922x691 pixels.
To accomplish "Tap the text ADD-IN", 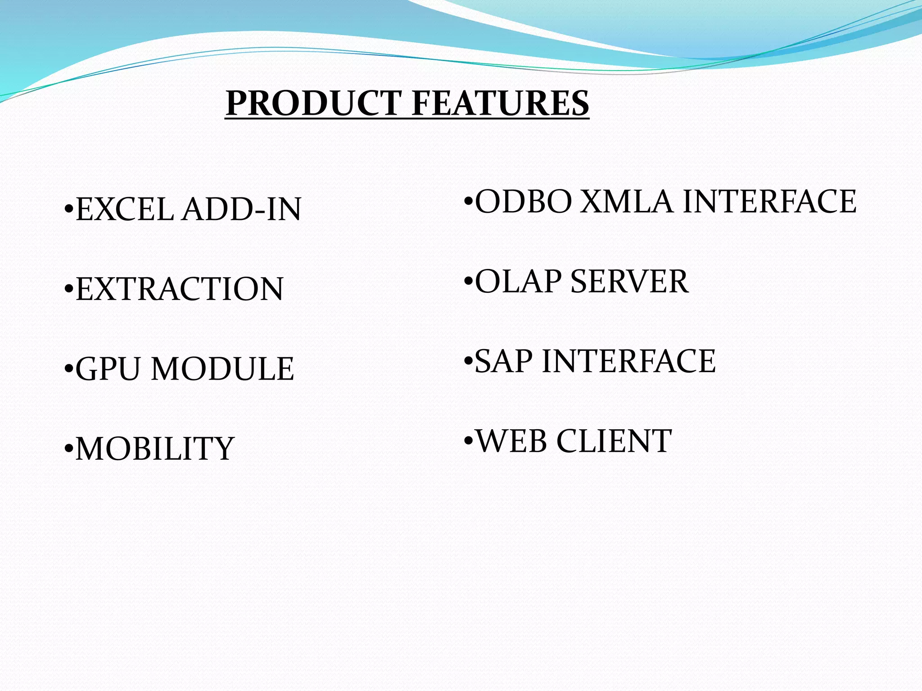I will point(241,210).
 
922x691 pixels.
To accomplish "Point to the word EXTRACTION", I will point(180,289).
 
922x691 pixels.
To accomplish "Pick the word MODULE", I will point(222,369).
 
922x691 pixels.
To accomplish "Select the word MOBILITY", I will point(154,449).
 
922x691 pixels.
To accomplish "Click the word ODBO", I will point(523,202).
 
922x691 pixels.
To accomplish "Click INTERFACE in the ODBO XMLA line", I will point(769,202).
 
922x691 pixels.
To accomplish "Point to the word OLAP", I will point(518,282).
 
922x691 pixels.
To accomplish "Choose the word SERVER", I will point(629,282).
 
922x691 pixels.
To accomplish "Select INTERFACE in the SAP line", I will point(628,361).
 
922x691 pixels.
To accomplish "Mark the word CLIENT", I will point(614,441).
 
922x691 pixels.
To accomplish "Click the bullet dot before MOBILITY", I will point(68,449).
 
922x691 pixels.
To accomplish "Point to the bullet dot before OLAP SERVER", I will point(468,282).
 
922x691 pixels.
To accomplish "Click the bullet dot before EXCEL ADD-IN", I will point(68,209).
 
